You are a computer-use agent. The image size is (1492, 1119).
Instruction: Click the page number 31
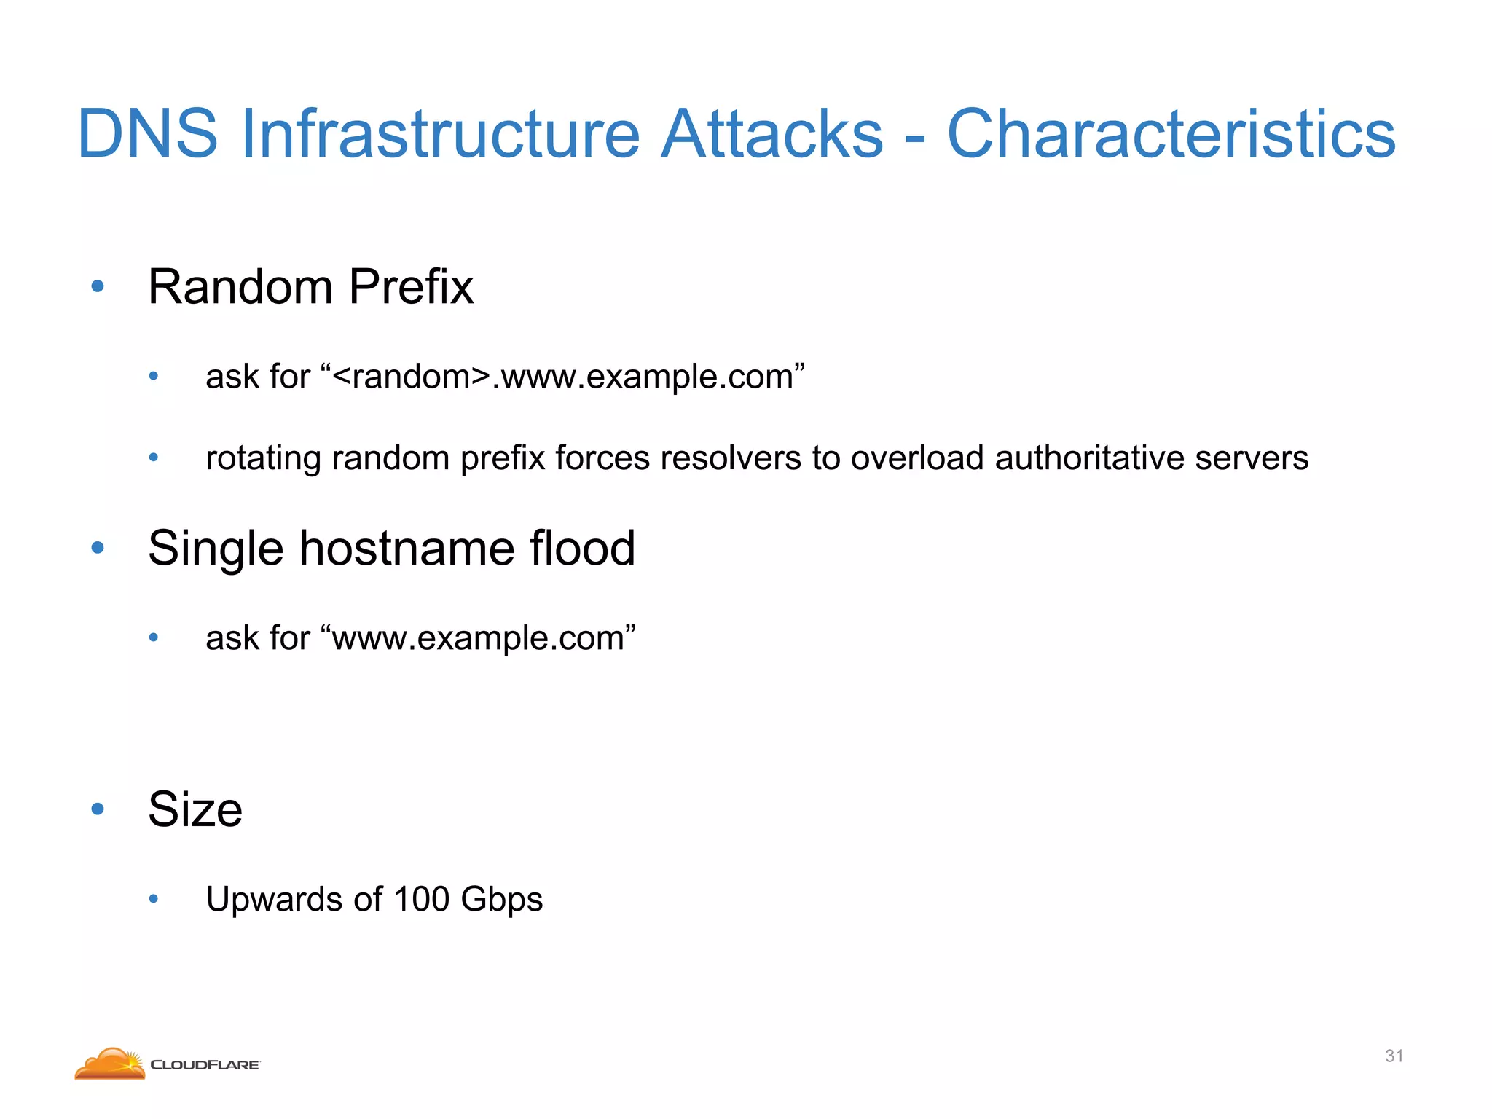click(x=1394, y=1056)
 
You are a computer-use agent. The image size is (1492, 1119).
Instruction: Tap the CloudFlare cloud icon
click(x=110, y=1064)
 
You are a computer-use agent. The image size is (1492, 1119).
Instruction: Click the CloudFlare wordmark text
click(x=205, y=1065)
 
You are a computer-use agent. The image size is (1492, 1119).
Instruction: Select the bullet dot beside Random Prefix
click(x=98, y=286)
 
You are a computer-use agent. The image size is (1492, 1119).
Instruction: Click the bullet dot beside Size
click(x=98, y=809)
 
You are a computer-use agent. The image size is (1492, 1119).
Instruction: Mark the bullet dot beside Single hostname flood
click(x=98, y=548)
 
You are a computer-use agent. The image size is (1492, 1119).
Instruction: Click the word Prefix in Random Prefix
click(x=411, y=286)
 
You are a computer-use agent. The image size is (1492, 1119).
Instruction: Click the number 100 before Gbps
click(x=421, y=899)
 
